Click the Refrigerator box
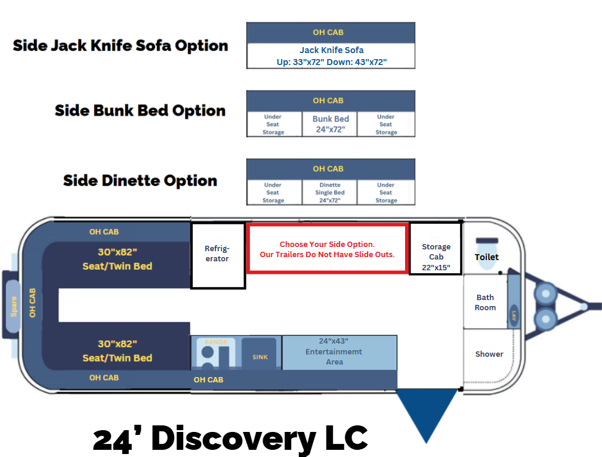tap(218, 255)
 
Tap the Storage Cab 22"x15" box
tap(436, 249)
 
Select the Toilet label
tap(487, 257)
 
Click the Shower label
tap(489, 354)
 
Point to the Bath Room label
tap(485, 302)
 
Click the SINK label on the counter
tap(260, 357)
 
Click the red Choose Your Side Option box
tap(328, 249)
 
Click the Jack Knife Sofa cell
tap(331, 55)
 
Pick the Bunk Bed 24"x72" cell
tap(330, 124)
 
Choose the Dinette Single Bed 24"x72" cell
tap(330, 193)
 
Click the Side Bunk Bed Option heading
tap(140, 111)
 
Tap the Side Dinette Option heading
tap(140, 181)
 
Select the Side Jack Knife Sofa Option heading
tap(121, 46)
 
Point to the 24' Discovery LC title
tap(230, 439)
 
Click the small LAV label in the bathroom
tap(514, 314)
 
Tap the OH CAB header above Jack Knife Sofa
tap(331, 32)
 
